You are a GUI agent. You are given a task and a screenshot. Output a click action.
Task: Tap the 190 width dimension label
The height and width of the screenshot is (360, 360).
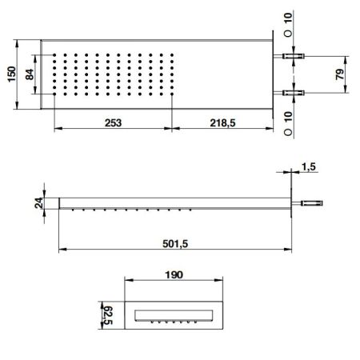pos(174,274)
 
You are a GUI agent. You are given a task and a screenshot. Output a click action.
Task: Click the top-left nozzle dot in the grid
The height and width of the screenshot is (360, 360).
pos(54,55)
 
